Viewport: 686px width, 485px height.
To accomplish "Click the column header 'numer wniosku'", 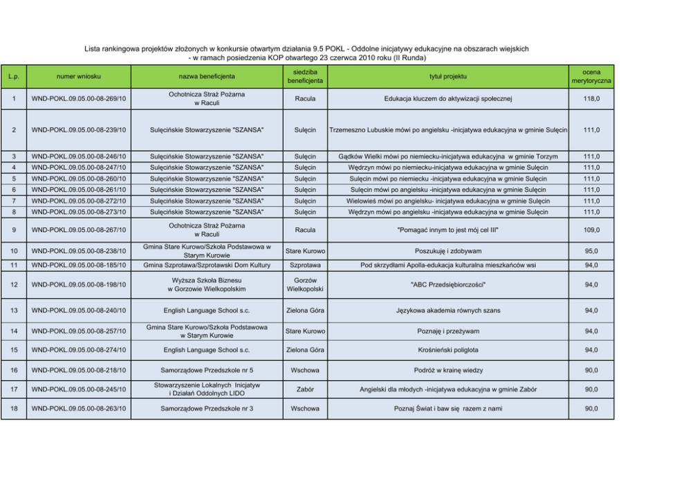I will [78, 76].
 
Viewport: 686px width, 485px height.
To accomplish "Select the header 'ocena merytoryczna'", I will [591, 76].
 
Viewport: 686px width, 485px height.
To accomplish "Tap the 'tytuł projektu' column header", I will [447, 76].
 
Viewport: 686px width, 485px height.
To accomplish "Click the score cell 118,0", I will [591, 99].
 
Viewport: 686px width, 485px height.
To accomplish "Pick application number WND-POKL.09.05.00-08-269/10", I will [78, 99].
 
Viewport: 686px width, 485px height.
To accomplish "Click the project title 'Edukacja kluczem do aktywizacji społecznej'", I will [447, 99].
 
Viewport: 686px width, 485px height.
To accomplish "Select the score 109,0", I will [591, 230].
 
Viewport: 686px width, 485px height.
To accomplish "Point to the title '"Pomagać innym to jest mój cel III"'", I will [447, 230].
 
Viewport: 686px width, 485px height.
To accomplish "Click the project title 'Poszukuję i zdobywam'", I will [447, 251].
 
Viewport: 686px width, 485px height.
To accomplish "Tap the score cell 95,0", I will [591, 251].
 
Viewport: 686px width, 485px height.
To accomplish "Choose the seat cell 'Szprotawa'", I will [305, 265].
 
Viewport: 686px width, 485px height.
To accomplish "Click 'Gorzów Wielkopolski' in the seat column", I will [305, 284].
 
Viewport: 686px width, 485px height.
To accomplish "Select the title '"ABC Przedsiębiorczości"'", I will [447, 284].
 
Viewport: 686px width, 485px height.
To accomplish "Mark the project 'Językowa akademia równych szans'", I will [447, 311].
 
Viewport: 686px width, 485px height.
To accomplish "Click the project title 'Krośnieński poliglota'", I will [447, 350].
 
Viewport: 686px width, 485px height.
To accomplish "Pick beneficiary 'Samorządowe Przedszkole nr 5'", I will [207, 370].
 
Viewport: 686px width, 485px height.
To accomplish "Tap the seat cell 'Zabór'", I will [305, 390].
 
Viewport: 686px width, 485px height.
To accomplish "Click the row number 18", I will [15, 409].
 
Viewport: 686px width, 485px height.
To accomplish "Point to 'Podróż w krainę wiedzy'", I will [447, 370].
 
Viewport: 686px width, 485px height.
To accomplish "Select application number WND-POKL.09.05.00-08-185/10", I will [78, 265].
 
